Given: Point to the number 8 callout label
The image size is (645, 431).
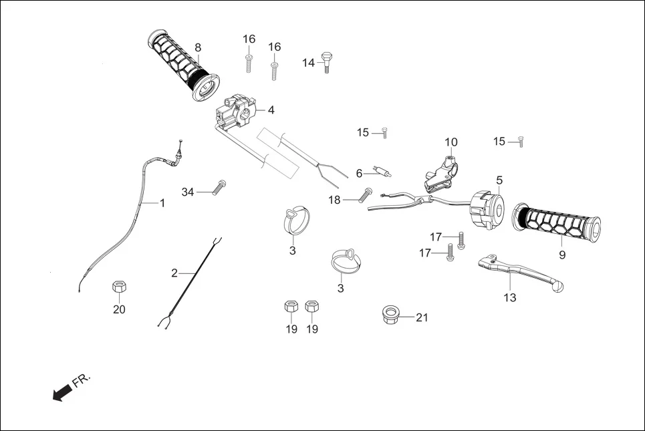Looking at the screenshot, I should click(x=198, y=47).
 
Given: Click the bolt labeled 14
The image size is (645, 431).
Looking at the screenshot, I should click(x=326, y=61).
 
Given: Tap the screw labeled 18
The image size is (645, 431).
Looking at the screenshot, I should click(x=365, y=195).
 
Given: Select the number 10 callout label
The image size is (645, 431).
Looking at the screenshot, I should click(x=451, y=142).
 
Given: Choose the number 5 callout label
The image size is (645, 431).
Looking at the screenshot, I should click(x=499, y=180).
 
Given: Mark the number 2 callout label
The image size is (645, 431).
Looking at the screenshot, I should click(x=174, y=273).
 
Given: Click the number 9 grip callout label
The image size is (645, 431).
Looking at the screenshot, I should click(x=561, y=255).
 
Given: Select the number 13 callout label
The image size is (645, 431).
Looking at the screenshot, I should click(x=510, y=298).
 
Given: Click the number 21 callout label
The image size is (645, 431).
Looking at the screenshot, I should click(x=421, y=317).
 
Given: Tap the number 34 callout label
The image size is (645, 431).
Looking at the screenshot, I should click(x=188, y=192).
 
